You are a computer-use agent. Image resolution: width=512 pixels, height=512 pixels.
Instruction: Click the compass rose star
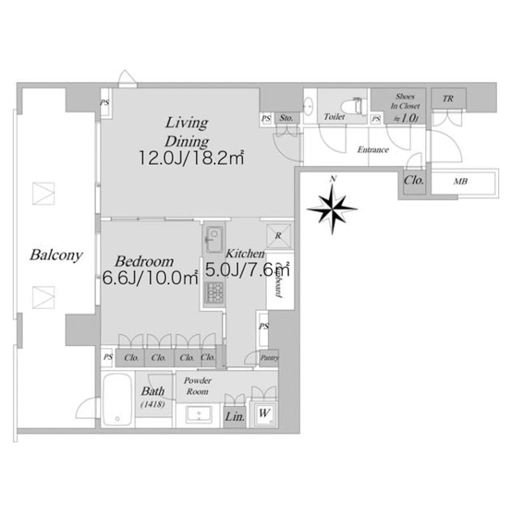click(x=333, y=207)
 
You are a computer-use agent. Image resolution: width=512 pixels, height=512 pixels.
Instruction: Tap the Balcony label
click(x=56, y=255)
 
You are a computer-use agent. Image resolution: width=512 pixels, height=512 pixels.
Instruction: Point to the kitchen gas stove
click(x=212, y=293)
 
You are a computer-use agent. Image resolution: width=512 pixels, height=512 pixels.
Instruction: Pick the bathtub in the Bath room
click(x=118, y=399)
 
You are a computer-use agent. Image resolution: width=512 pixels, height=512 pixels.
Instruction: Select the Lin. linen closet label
click(x=234, y=417)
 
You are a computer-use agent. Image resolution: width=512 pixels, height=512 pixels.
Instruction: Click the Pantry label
click(x=269, y=358)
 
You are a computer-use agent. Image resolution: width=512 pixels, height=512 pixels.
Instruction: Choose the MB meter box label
click(x=461, y=181)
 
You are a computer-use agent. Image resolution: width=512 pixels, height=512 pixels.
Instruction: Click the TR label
click(x=447, y=99)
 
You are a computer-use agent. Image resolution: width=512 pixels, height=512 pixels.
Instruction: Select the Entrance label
click(x=373, y=150)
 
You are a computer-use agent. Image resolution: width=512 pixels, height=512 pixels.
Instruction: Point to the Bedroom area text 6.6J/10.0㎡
click(x=150, y=278)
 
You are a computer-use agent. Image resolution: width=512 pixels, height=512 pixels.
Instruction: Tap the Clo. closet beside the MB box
click(x=414, y=181)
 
